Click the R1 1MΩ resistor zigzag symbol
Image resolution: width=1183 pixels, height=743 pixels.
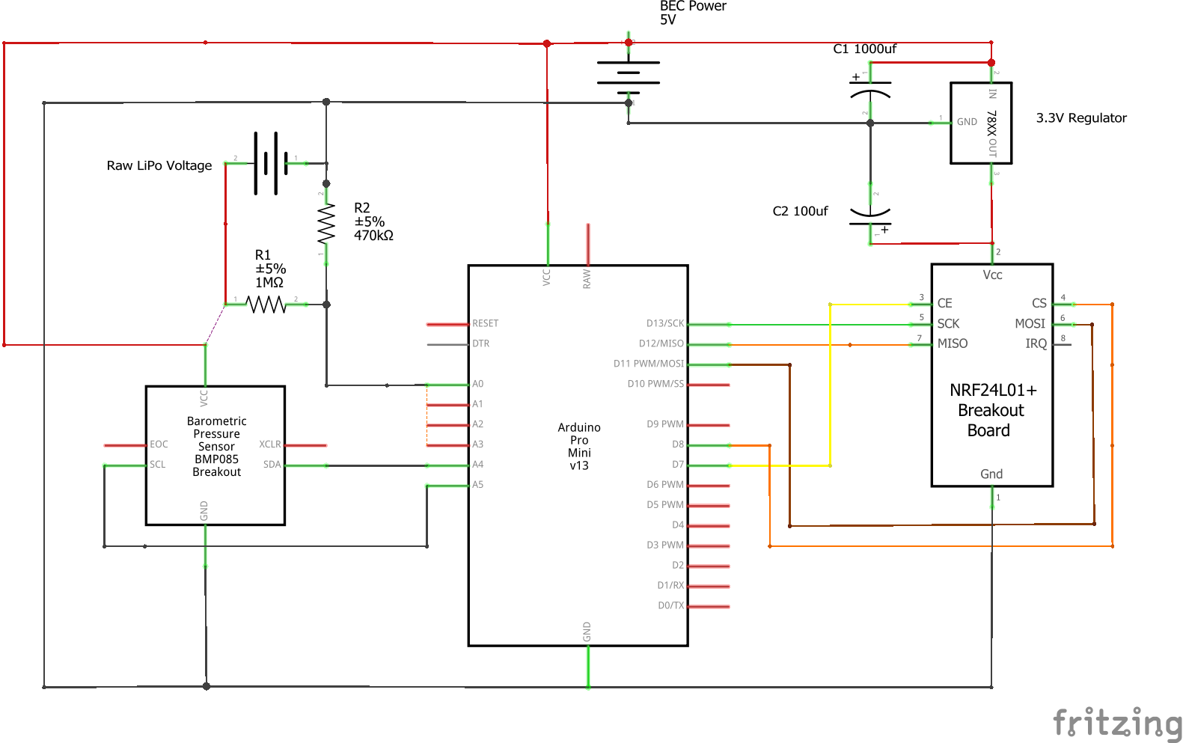pyautogui.click(x=266, y=305)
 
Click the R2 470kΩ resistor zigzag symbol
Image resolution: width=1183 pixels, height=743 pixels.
pyautogui.click(x=326, y=224)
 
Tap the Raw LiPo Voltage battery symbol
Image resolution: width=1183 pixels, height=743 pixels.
pyautogui.click(x=266, y=163)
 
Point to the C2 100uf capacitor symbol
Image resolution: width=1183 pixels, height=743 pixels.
pyautogui.click(x=870, y=215)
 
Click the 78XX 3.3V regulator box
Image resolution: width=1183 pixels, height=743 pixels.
pyautogui.click(x=981, y=123)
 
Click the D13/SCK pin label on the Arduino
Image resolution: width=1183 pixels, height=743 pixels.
pyautogui.click(x=665, y=323)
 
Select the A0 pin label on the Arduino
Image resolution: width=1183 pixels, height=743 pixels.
pyautogui.click(x=477, y=384)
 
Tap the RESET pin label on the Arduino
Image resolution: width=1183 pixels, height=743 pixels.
pyautogui.click(x=485, y=323)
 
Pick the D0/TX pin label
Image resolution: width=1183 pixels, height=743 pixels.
pyautogui.click(x=670, y=605)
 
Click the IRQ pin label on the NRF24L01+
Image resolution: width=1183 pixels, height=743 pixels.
pyautogui.click(x=1036, y=343)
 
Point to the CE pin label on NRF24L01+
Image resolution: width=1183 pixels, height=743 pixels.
pyautogui.click(x=945, y=303)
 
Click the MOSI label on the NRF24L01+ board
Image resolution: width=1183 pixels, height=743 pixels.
pyautogui.click(x=1030, y=323)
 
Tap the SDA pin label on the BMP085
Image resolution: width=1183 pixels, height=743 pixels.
pyautogui.click(x=272, y=465)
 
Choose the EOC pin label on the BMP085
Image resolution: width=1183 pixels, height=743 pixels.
pyautogui.click(x=159, y=444)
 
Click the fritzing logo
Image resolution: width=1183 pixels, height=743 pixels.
pyautogui.click(x=1116, y=723)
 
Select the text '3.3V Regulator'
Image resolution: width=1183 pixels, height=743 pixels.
pyautogui.click(x=1080, y=118)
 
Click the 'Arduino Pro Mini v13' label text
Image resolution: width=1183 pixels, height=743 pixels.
pyautogui.click(x=579, y=446)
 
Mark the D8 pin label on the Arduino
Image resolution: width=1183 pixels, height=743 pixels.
pyautogui.click(x=677, y=444)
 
